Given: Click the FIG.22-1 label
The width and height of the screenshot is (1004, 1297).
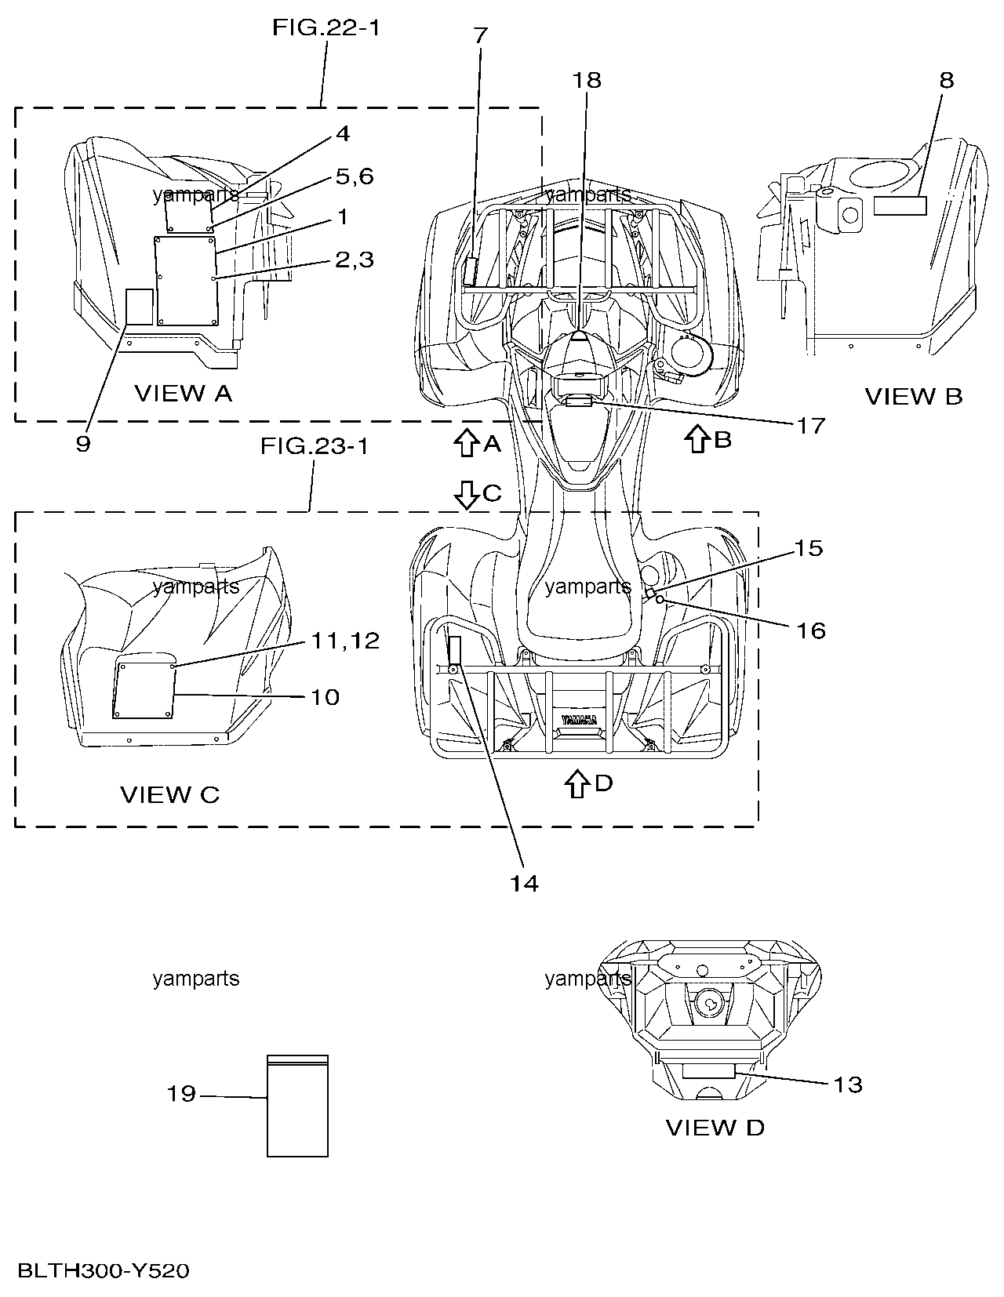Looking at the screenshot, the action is [326, 27].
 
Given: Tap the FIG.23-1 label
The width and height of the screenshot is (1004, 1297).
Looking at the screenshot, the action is [314, 446].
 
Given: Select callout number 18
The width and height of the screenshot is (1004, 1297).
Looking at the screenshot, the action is [587, 80].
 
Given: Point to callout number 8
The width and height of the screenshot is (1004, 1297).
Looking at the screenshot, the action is [946, 80].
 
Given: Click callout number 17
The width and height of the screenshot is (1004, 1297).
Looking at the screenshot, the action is [810, 426].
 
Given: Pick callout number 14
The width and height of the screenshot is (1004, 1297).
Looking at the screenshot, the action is [524, 884].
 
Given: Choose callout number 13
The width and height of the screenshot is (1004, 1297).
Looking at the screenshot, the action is [848, 1084].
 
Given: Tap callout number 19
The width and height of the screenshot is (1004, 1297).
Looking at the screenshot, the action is [181, 1093].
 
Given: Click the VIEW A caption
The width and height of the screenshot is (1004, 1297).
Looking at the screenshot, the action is [184, 394].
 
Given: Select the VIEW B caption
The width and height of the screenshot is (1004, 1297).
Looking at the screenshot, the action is [914, 396].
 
